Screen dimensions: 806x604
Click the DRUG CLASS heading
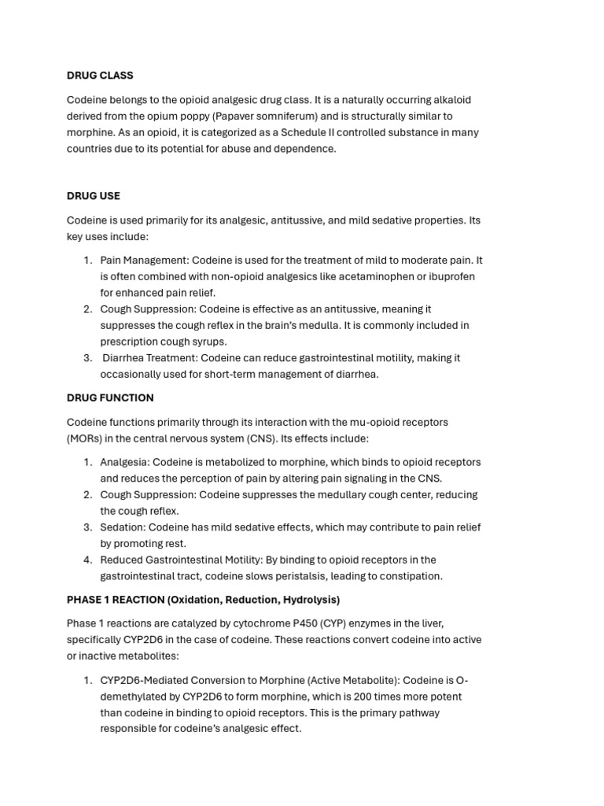pyautogui.click(x=100, y=76)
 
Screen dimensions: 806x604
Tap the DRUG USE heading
pyautogui.click(x=94, y=196)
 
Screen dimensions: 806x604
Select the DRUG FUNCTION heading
pyautogui.click(x=110, y=398)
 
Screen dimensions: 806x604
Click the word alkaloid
pyautogui.click(x=449, y=100)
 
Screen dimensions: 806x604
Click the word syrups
pyautogui.click(x=208, y=342)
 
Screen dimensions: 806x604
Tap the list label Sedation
pyautogui.click(x=122, y=527)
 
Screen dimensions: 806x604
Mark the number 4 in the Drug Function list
pyautogui.click(x=87, y=560)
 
